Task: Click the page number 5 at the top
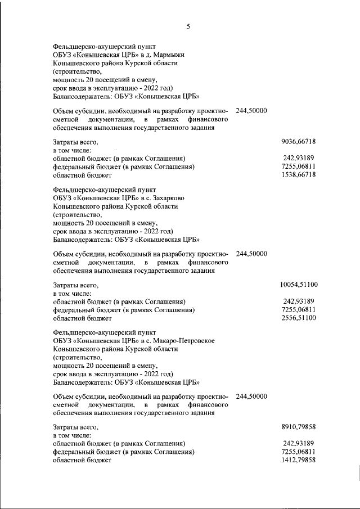coord(188,26)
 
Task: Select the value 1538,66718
coord(298,175)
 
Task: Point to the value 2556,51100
coord(298,318)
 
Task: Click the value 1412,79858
coord(298,460)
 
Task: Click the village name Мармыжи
coord(165,55)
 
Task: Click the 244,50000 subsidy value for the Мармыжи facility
coord(251,111)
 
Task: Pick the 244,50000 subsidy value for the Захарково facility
coord(251,254)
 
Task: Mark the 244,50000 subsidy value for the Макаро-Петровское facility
coord(251,396)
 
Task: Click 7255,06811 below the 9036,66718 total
coord(298,167)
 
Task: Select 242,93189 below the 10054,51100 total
coord(299,301)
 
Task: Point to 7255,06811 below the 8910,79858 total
coord(298,452)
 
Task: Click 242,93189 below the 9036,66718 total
coord(299,159)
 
